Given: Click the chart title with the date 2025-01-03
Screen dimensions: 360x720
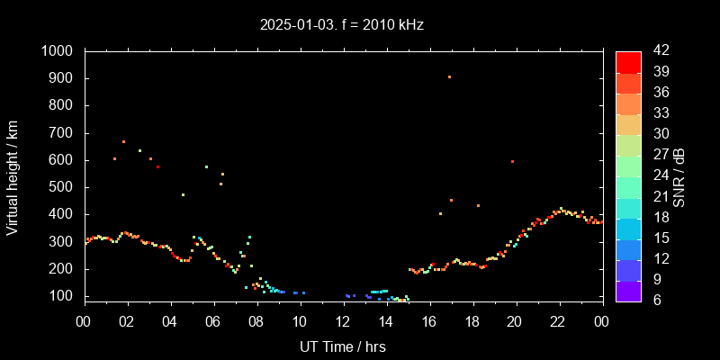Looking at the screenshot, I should (x=340, y=25).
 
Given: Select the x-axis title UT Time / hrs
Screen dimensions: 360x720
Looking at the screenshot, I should (x=343, y=346).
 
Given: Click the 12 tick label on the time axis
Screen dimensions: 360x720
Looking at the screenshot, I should (x=343, y=321).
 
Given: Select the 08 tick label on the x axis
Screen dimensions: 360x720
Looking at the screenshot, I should (x=256, y=321).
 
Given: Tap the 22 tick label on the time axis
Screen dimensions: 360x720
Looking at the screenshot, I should (x=558, y=321).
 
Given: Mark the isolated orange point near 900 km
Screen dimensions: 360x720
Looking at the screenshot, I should (x=449, y=77).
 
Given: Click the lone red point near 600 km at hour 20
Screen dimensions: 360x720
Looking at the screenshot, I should (x=512, y=162).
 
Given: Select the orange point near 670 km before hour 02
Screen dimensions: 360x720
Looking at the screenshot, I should (x=123, y=141).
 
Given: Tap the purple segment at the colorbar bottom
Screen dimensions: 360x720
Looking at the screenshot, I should (x=628, y=290).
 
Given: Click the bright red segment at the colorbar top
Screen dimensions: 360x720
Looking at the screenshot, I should (x=628, y=61).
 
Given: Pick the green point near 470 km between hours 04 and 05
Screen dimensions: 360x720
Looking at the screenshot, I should (x=183, y=194).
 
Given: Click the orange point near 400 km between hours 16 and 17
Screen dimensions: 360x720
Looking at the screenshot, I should (x=440, y=213).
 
